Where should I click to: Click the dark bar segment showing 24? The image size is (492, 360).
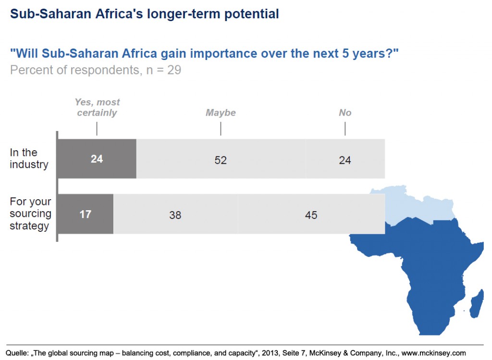[97, 159]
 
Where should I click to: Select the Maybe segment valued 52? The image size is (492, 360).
[221, 160]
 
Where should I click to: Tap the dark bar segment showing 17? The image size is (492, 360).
[86, 214]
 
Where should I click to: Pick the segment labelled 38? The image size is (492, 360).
[175, 215]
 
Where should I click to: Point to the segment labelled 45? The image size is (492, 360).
[311, 215]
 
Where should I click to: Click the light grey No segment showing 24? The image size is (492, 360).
[344, 160]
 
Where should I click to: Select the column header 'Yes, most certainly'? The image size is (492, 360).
[97, 108]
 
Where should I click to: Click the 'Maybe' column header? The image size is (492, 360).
[221, 113]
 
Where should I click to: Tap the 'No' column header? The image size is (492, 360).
[344, 113]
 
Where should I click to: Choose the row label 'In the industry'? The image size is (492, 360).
[29, 158]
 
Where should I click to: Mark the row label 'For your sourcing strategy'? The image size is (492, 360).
[31, 214]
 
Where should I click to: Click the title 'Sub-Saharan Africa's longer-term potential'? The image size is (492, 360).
[144, 14]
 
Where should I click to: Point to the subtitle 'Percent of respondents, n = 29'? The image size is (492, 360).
[95, 70]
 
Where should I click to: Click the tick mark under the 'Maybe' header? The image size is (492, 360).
[221, 129]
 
